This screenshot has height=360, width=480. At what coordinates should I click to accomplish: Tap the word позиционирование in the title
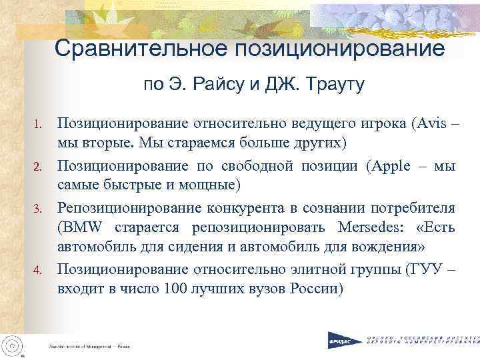(337, 49)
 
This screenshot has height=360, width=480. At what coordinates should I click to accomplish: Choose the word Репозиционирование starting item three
(123, 207)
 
